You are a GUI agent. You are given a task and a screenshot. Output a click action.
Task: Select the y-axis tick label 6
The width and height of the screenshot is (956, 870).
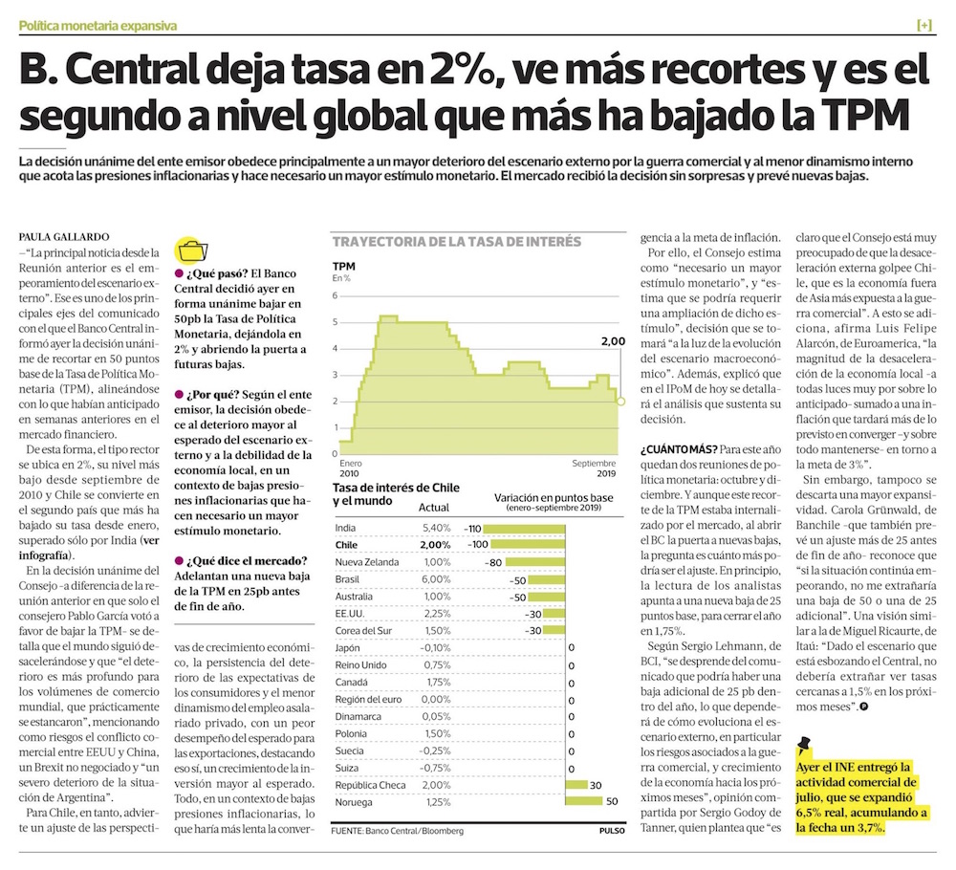tap(335, 295)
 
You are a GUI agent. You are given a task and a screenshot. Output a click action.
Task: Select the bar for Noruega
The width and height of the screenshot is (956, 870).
tap(586, 801)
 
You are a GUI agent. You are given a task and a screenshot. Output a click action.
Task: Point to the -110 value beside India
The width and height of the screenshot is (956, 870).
tap(472, 528)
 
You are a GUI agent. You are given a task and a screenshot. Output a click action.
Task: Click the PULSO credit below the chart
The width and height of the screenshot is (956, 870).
tap(612, 831)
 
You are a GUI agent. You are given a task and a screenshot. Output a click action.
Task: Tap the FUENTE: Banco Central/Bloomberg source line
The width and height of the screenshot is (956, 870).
tap(397, 831)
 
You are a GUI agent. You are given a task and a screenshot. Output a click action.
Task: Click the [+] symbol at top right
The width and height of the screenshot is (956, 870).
tap(923, 25)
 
